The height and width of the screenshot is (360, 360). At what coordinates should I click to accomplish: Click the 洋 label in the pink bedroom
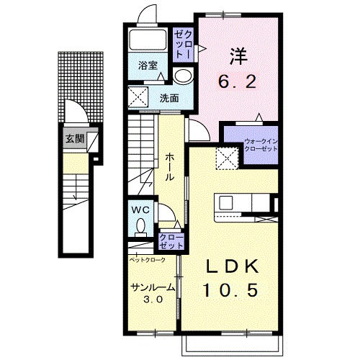click(239, 56)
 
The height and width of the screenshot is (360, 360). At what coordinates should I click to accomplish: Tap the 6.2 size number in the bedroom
click(237, 82)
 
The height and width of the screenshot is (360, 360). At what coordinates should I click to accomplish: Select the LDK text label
click(232, 266)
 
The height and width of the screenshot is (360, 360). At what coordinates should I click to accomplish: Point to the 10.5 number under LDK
click(231, 289)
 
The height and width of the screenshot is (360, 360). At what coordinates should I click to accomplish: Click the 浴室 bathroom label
click(148, 66)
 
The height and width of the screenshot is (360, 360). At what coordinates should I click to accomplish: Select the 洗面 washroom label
click(169, 98)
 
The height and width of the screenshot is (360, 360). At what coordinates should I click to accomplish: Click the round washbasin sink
click(183, 76)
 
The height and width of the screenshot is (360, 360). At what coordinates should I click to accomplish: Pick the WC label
click(141, 210)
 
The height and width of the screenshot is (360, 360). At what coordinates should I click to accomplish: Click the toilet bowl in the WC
click(140, 226)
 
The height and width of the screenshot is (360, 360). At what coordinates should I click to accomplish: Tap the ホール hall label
click(170, 167)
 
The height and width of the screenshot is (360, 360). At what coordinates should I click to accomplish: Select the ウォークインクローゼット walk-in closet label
click(261, 145)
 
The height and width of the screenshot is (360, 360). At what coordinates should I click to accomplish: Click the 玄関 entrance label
click(75, 138)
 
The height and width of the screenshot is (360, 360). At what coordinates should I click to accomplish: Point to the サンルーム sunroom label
click(153, 287)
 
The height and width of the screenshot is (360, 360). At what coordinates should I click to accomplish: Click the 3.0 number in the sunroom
click(153, 299)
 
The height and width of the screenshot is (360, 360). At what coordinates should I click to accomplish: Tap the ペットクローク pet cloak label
click(148, 260)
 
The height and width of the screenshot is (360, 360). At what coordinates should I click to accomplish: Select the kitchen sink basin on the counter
click(226, 202)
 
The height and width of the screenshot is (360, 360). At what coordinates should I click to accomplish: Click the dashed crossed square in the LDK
click(227, 158)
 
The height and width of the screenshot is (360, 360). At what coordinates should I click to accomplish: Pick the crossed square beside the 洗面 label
click(138, 97)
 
